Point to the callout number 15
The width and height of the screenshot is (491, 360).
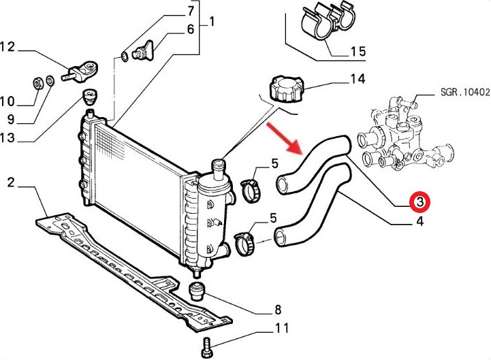(358, 51)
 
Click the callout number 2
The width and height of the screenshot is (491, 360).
(11, 182)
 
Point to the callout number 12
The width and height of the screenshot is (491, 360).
(8, 47)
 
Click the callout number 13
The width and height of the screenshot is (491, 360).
(8, 139)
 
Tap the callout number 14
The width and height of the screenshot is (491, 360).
(358, 79)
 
